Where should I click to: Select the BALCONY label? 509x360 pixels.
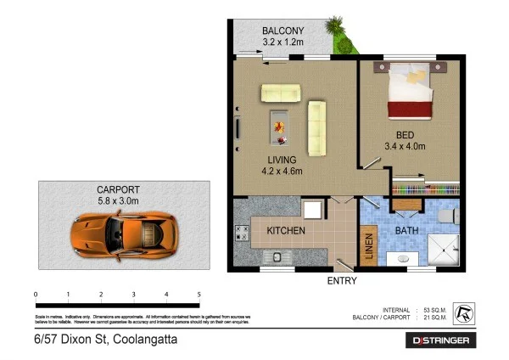[282, 31]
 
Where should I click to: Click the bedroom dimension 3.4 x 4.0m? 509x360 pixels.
[411, 146]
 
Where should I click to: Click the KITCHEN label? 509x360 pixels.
[286, 231]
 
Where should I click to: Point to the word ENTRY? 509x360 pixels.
[341, 281]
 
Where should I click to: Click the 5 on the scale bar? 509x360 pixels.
[199, 294]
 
